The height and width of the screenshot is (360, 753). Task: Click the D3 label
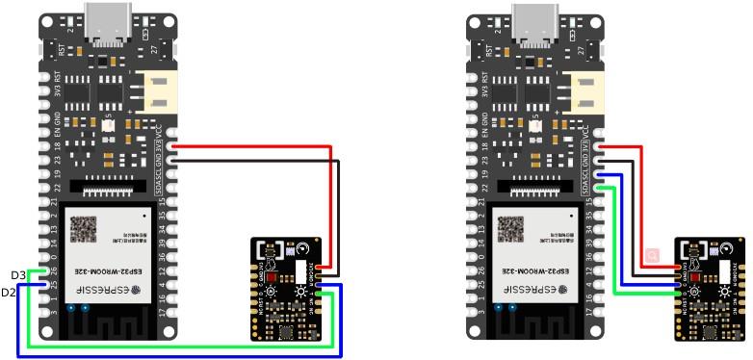[x=18, y=275]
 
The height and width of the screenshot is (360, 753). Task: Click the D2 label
[x=9, y=292]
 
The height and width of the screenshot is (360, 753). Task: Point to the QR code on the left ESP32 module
[x=86, y=229]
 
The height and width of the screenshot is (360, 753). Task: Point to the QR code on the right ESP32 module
[x=512, y=229]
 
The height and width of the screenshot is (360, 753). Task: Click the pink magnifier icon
[x=652, y=255]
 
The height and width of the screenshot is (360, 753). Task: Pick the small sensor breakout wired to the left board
[x=287, y=290]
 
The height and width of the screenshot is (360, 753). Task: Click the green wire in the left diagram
[x=183, y=347]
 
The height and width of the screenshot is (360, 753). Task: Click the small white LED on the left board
[x=107, y=127]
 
